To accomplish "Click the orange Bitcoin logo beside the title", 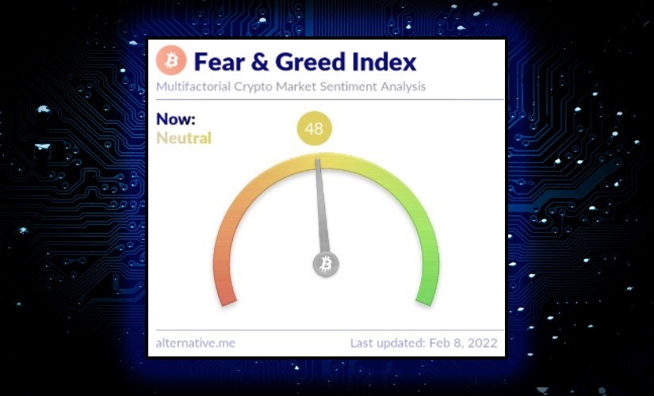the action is click(171, 61).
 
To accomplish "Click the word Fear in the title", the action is click(220, 62).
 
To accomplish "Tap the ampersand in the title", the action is click(260, 62).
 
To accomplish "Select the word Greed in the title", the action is click(310, 62).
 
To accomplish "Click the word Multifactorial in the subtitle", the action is click(193, 86).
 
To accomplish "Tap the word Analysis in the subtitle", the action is click(403, 86).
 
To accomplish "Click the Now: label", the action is click(176, 120).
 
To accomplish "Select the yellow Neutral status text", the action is click(184, 138).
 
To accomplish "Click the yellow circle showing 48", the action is click(315, 128).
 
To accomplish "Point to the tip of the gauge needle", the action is click(317, 158).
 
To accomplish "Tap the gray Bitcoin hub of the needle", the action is click(326, 265).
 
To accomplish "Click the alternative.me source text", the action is click(196, 343).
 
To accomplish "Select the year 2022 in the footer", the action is click(482, 343).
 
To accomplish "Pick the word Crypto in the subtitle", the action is click(253, 86).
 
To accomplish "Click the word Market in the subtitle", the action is click(296, 86).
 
